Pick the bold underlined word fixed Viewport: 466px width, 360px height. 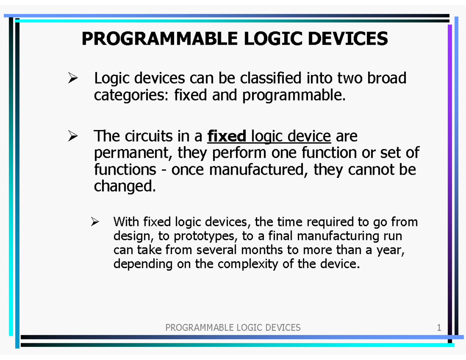tap(227, 136)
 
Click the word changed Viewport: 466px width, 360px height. tap(125, 186)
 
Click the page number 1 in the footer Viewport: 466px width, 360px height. tap(439, 328)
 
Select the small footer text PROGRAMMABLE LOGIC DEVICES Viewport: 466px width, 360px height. tap(233, 328)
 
